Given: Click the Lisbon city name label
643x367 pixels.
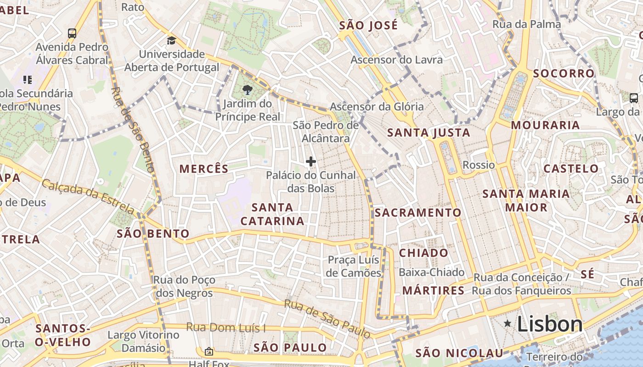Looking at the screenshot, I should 550,324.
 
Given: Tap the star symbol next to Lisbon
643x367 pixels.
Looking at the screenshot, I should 508,323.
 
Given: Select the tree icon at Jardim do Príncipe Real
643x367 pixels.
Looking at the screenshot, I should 247,89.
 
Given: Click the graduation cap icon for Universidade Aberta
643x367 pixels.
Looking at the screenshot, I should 171,40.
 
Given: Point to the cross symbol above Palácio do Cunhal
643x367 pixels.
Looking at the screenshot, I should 311,161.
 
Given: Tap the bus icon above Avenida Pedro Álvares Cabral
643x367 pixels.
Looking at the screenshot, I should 72,33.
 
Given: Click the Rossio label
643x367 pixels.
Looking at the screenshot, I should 479,165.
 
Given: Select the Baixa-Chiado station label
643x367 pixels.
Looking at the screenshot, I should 431,272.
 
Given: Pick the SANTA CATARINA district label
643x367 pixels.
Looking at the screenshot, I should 272,214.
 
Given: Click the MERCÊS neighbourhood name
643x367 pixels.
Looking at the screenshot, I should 204,169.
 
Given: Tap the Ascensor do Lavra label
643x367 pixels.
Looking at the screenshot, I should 396,60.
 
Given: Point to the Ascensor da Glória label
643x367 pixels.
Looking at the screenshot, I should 377,106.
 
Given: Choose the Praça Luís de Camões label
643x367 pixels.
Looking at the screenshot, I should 354,267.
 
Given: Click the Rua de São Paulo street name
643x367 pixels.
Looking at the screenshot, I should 327,317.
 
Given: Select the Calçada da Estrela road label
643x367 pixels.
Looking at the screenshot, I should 88,197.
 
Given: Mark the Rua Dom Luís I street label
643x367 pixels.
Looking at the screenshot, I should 226,328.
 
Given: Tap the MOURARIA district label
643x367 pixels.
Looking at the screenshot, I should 545,125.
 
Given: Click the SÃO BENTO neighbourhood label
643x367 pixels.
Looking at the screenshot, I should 153,234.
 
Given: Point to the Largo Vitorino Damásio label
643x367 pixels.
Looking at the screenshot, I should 143,341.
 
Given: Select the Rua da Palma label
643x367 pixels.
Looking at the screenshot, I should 527,24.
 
